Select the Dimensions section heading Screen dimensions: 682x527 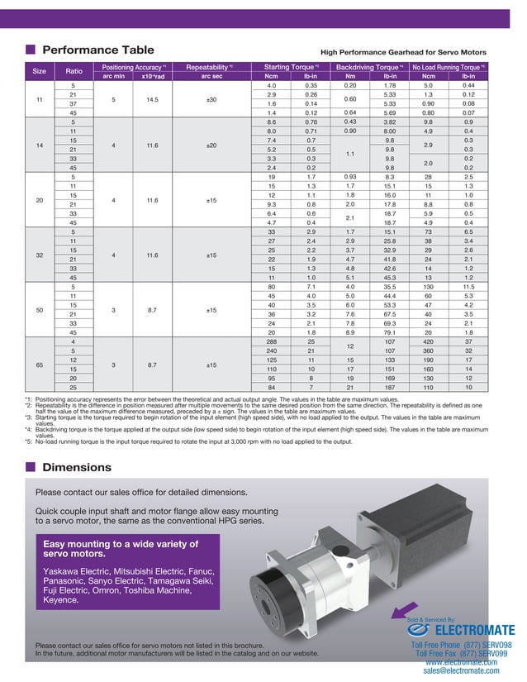(x=83, y=467)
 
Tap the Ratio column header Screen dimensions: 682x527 (x=73, y=71)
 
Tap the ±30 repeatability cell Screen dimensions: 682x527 (x=210, y=99)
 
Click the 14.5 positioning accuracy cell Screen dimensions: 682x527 (x=151, y=99)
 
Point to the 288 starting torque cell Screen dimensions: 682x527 (x=270, y=341)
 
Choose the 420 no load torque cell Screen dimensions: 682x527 (x=429, y=341)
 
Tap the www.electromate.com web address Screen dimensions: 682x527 (x=461, y=662)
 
